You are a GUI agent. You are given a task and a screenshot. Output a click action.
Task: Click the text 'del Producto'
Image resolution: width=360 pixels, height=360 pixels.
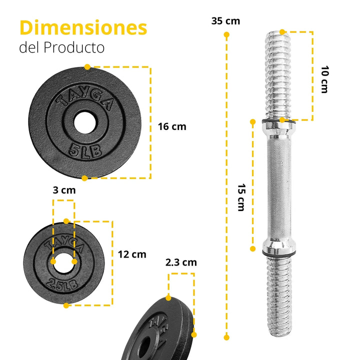(x=62, y=48)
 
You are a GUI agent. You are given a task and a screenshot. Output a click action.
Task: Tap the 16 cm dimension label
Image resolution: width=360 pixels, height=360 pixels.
(x=172, y=126)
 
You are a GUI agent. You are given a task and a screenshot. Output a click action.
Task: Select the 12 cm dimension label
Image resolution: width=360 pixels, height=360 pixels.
(x=132, y=254)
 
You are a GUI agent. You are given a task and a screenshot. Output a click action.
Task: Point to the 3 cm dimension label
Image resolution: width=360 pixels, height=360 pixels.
(x=64, y=190)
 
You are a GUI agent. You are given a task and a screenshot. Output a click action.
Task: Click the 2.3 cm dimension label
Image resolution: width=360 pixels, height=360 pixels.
(x=181, y=262)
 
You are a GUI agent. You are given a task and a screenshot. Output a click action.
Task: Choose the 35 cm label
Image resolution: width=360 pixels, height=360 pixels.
(x=225, y=21)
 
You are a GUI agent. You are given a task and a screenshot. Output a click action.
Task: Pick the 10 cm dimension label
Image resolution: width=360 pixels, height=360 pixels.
(x=324, y=78)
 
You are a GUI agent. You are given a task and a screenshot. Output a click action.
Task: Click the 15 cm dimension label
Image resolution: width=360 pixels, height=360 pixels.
(x=241, y=197)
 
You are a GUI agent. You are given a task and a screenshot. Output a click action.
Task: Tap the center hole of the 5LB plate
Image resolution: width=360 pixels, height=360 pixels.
(x=85, y=121)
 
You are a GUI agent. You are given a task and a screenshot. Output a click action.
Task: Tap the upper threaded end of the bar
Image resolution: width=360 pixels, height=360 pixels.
(x=275, y=75)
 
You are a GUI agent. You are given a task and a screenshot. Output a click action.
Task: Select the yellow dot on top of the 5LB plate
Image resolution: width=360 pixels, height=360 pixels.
(x=87, y=66)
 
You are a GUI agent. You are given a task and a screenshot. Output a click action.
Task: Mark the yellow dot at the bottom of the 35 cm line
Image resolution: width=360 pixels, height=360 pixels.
(x=226, y=337)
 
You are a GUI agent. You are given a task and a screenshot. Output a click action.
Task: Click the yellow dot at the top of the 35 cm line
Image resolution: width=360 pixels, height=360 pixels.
(x=226, y=35)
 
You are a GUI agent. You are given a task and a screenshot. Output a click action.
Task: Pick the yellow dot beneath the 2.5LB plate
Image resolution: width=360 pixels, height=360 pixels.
(x=65, y=305)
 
